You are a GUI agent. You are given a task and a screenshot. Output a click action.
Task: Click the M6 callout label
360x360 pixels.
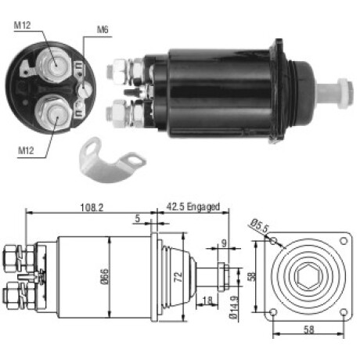click(103, 30)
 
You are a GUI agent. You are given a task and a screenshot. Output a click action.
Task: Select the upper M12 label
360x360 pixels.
click(22, 25)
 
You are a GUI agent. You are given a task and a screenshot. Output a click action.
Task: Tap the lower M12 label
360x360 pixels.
click(26, 150)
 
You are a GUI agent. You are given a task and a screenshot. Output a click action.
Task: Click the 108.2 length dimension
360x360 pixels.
click(92, 207)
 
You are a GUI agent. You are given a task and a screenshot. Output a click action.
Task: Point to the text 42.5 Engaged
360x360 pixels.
click(193, 207)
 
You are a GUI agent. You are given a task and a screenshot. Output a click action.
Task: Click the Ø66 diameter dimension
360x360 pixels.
click(104, 276)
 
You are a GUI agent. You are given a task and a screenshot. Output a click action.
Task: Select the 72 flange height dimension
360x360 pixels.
click(178, 277)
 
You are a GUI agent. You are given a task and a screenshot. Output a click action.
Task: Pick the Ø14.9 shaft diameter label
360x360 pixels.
click(234, 308)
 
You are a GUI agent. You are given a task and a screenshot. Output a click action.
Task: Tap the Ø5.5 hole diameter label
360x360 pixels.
click(259, 226)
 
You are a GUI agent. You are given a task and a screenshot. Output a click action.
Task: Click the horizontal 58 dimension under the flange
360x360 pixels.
click(308, 330)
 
